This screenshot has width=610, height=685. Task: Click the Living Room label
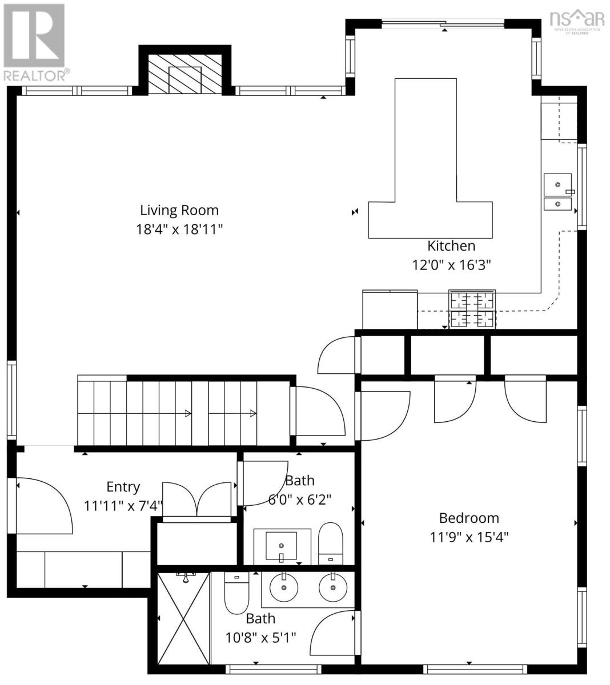point(179,210)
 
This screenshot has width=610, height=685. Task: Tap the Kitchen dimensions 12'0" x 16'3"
point(451,265)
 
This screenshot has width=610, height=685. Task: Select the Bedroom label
point(468,518)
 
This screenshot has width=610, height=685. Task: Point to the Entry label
point(123,487)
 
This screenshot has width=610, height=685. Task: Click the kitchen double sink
point(557,192)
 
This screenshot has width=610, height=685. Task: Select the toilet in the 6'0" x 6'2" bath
point(330,542)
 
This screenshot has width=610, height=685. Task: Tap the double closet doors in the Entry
point(197,499)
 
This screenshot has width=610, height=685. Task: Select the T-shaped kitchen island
point(430,171)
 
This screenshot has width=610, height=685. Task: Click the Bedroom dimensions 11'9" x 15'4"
point(468,537)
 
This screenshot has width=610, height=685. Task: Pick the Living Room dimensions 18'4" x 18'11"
point(179,229)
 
